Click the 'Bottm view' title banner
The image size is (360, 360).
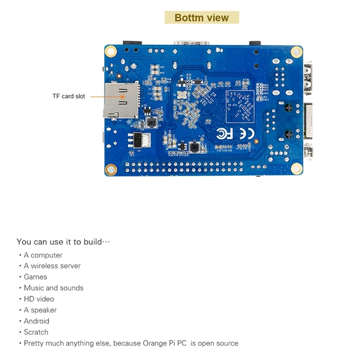[202, 18]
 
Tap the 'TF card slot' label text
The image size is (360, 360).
[68, 96]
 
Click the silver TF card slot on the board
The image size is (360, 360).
[121, 100]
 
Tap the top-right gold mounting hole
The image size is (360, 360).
[296, 52]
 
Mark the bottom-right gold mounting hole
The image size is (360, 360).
[296, 169]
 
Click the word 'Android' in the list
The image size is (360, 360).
[36, 321]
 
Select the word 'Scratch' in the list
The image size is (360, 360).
[36, 332]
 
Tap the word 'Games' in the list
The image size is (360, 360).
[36, 277]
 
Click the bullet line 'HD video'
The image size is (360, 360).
[39, 299]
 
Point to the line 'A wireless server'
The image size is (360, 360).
[52, 265]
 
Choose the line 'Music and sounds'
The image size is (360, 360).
[54, 288]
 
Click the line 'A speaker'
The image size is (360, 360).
[40, 310]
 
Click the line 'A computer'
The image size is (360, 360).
[43, 255]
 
